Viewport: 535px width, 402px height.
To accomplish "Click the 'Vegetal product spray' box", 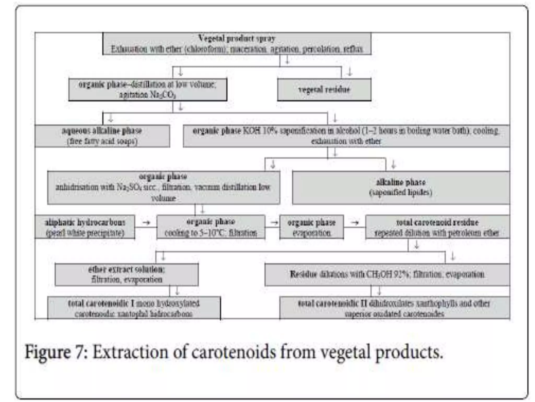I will (237, 43).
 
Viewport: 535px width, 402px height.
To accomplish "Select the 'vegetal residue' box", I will (324, 90).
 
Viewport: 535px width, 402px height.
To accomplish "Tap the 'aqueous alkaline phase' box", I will (102, 136).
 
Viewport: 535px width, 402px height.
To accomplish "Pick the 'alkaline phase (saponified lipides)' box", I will (401, 187).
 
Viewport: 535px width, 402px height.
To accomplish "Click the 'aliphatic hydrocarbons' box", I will (85, 227).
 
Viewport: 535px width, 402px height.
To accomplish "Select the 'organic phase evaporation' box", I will (311, 227).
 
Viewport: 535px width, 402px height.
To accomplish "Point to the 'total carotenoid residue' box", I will (437, 227).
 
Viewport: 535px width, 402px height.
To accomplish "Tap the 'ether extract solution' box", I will (126, 274).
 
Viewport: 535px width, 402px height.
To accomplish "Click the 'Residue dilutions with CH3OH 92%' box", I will (387, 274).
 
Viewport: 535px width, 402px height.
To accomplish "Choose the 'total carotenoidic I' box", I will (134, 308).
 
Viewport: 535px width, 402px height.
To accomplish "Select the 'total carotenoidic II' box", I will (394, 308).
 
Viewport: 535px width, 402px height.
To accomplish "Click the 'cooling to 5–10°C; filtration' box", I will (211, 227).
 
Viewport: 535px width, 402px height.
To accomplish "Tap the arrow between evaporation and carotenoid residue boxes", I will (354, 223).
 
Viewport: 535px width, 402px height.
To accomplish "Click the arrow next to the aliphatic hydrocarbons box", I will (146, 223).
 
